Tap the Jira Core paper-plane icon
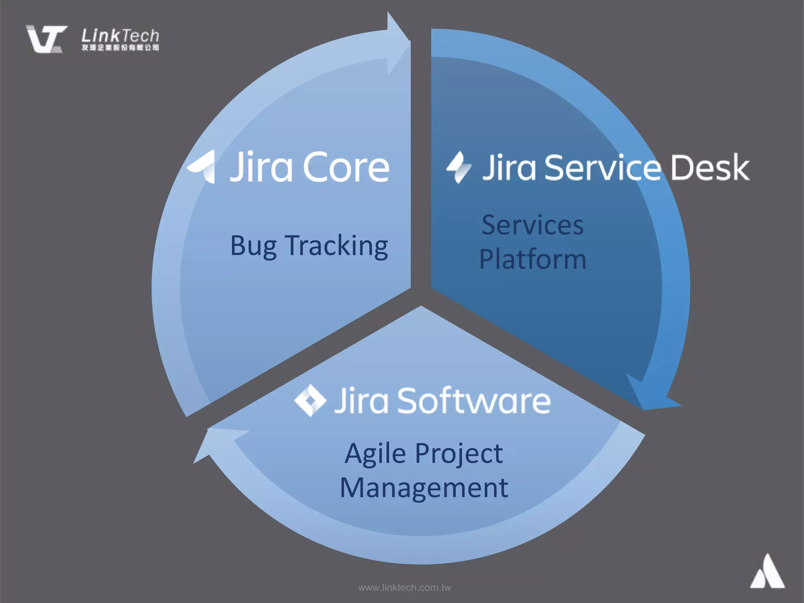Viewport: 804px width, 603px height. click(203, 167)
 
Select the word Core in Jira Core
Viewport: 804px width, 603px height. click(346, 168)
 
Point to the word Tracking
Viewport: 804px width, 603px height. click(336, 246)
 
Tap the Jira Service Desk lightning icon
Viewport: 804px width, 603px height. click(458, 168)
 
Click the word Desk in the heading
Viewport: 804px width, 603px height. click(710, 168)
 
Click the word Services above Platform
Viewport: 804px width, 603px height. click(532, 225)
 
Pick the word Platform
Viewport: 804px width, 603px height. click(532, 259)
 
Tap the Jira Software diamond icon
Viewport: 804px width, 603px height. click(310, 400)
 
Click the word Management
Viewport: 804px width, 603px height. click(424, 488)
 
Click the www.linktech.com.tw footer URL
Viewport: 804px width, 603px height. click(404, 588)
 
